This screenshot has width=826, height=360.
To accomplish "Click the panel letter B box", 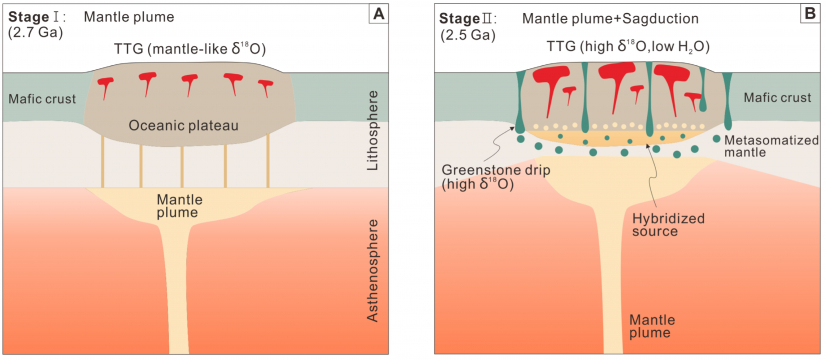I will click(809, 14).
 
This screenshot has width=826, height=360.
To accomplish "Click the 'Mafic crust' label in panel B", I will click(779, 97).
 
